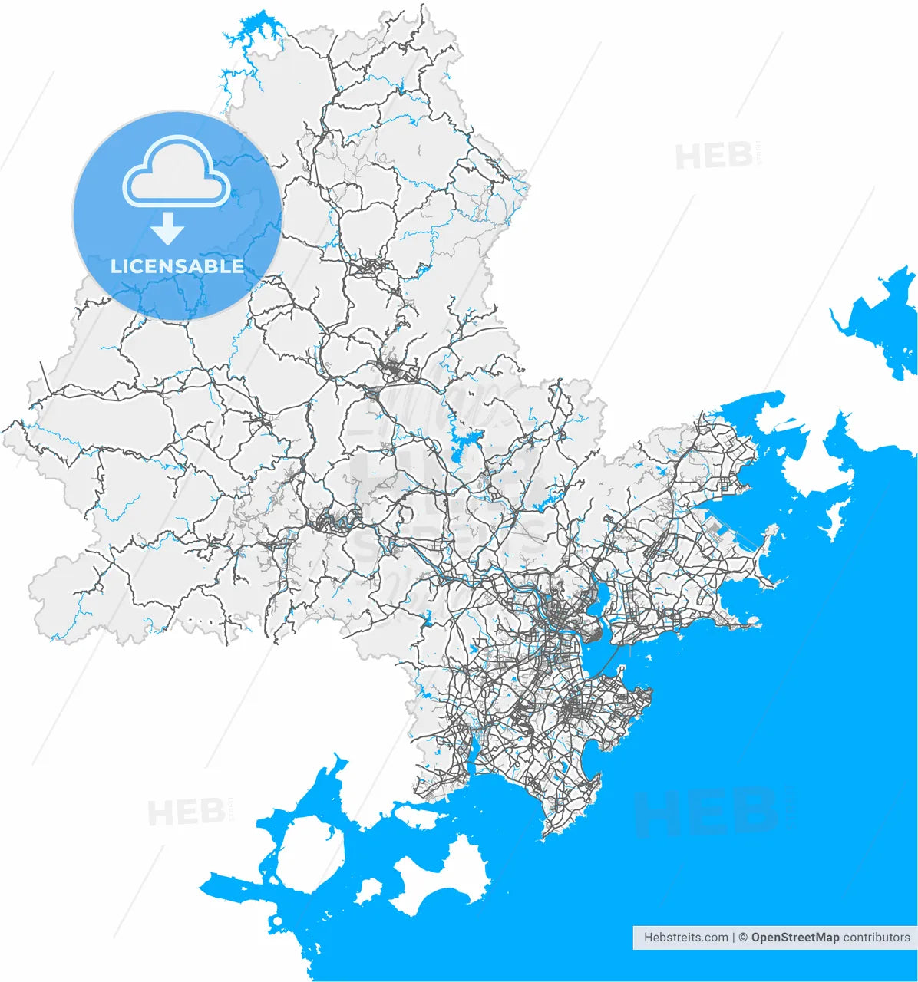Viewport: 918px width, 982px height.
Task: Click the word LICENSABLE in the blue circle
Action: (x=177, y=266)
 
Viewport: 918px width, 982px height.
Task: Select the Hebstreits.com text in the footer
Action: (x=685, y=937)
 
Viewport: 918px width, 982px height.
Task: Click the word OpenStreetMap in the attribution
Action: (x=795, y=937)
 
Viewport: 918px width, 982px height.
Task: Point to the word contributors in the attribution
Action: (x=877, y=937)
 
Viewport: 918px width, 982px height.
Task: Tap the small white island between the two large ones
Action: (x=369, y=891)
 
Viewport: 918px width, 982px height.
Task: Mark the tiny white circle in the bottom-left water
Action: (x=276, y=920)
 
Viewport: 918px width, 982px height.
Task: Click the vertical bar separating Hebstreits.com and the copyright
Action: (x=734, y=937)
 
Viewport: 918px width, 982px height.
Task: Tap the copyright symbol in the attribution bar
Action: (x=743, y=937)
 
